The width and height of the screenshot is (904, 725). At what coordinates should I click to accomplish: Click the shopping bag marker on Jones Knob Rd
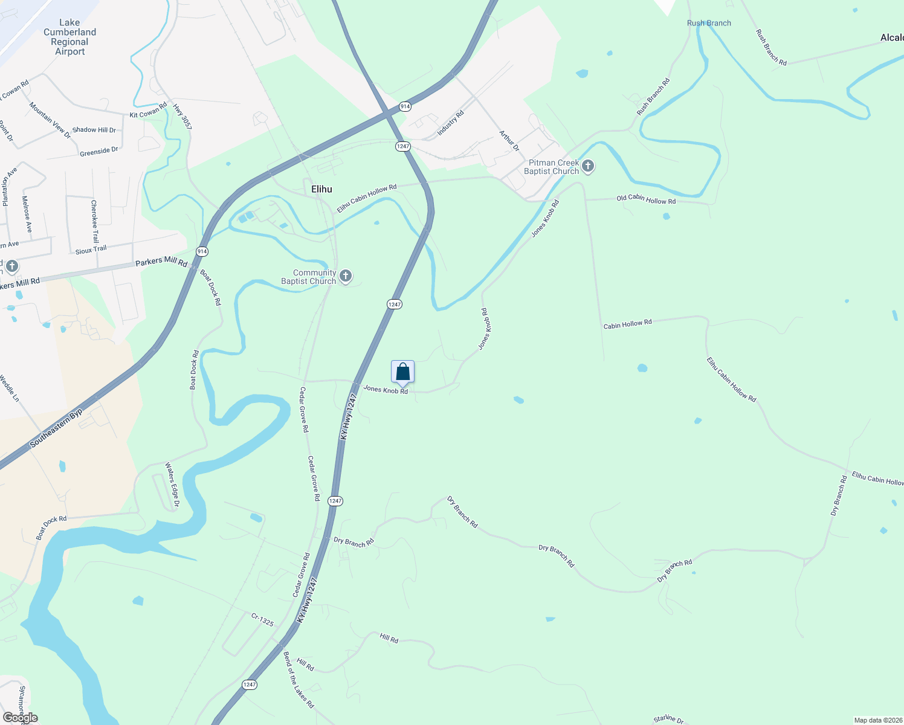[402, 372]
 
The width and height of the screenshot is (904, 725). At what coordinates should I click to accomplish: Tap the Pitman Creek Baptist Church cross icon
[588, 166]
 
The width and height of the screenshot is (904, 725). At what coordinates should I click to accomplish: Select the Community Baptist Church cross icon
[346, 276]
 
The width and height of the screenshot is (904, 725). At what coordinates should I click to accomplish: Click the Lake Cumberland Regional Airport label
[69, 37]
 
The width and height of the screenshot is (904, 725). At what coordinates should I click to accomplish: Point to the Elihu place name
[321, 189]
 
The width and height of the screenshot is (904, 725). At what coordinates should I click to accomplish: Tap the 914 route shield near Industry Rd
[405, 106]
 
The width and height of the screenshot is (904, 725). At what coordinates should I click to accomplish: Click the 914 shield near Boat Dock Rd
[202, 251]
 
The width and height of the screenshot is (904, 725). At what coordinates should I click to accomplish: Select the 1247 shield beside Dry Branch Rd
[335, 501]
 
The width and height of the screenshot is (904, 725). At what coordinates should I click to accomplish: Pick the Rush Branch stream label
[709, 23]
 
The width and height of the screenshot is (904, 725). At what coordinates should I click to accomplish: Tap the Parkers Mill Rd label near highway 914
[161, 262]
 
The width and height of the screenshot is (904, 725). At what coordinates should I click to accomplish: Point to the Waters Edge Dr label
[172, 485]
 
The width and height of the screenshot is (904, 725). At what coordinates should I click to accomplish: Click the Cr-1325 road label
[262, 619]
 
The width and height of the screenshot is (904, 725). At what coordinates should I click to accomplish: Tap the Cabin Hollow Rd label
[627, 324]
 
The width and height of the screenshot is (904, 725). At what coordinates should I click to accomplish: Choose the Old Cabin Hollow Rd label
[646, 199]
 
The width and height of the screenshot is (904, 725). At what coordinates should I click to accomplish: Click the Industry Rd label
[450, 123]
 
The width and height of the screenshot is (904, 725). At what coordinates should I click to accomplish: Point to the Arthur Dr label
[509, 140]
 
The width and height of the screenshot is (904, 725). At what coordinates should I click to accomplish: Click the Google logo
[21, 718]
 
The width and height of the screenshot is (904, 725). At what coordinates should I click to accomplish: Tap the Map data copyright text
[878, 720]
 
